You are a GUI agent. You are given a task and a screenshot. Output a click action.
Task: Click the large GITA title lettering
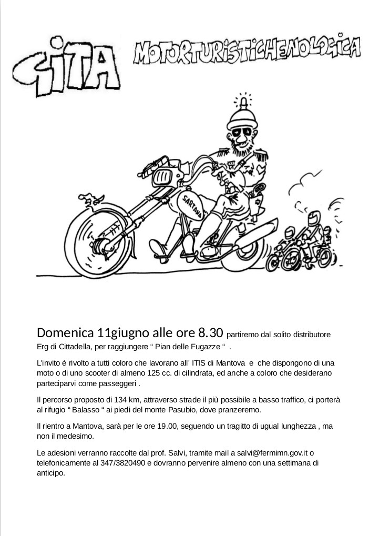pyautogui.click(x=67, y=68)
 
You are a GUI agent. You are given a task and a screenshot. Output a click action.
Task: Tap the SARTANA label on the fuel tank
pyautogui.click(x=195, y=202)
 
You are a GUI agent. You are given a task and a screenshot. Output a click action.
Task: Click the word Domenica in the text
pyautogui.click(x=65, y=333)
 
